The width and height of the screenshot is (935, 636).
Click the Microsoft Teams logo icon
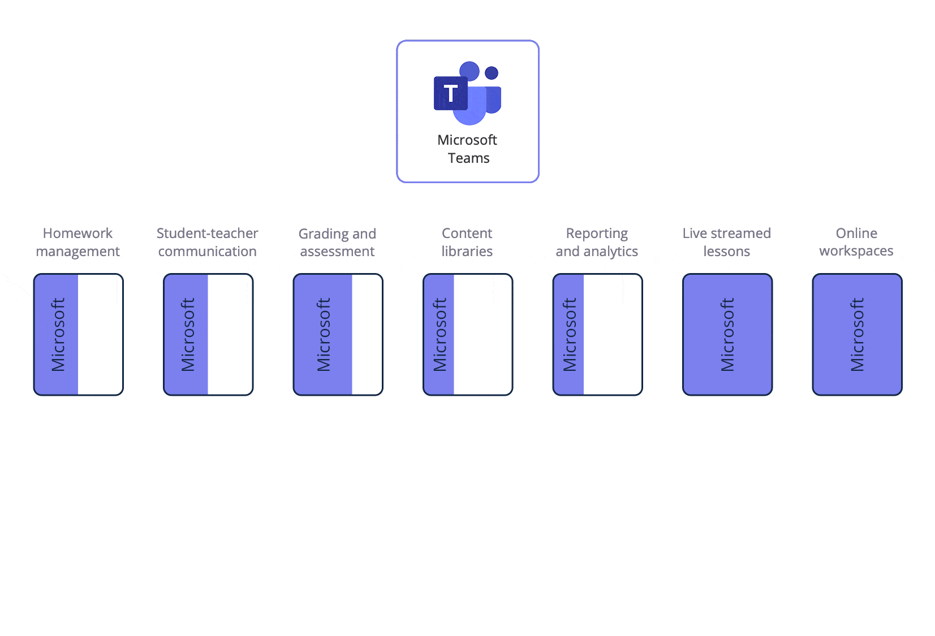[x=467, y=93]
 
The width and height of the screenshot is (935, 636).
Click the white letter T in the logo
[x=450, y=94]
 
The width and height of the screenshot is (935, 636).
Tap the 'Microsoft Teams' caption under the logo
[x=468, y=149]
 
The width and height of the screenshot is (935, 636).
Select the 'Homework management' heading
[x=78, y=242]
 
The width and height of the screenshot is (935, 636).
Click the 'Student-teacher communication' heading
[x=208, y=242]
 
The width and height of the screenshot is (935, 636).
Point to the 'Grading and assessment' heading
[x=337, y=243]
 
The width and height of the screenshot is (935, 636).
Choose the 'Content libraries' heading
[x=467, y=242]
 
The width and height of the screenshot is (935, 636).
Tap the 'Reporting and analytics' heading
[x=597, y=242]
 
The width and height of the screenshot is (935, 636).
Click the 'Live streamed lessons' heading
[x=727, y=242]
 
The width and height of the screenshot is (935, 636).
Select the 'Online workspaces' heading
[x=856, y=242]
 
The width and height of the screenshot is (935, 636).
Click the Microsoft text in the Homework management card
[x=58, y=335]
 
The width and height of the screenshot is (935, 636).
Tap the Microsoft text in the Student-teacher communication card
[x=188, y=335]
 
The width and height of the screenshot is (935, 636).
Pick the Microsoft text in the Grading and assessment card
[x=324, y=335]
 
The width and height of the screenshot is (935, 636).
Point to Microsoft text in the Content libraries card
[x=440, y=335]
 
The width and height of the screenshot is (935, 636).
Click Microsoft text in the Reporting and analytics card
[x=570, y=335]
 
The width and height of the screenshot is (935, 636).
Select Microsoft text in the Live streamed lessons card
[x=727, y=335]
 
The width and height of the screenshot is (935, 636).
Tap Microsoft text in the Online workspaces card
[x=858, y=335]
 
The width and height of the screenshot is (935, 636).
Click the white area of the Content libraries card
[x=482, y=335]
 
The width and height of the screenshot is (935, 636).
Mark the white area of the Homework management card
[x=100, y=335]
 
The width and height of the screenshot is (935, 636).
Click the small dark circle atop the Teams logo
[x=492, y=73]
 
